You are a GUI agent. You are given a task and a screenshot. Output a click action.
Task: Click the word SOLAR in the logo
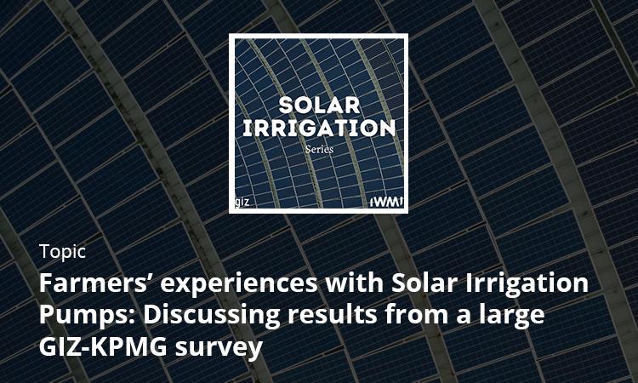(319, 106)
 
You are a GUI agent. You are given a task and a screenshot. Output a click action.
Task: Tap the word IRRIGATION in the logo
(319, 128)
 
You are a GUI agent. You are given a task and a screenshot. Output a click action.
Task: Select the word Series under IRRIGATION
(319, 149)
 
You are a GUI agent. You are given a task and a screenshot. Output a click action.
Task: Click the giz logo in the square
(242, 202)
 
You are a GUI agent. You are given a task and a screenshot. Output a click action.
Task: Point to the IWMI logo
(387, 202)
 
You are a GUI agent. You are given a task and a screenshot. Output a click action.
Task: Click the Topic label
(62, 252)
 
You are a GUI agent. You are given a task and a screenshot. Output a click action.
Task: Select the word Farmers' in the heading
(96, 283)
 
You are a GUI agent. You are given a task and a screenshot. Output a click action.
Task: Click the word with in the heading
(355, 283)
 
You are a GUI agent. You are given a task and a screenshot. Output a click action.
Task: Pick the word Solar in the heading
(424, 283)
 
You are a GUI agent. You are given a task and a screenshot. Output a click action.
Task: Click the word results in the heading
(332, 314)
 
